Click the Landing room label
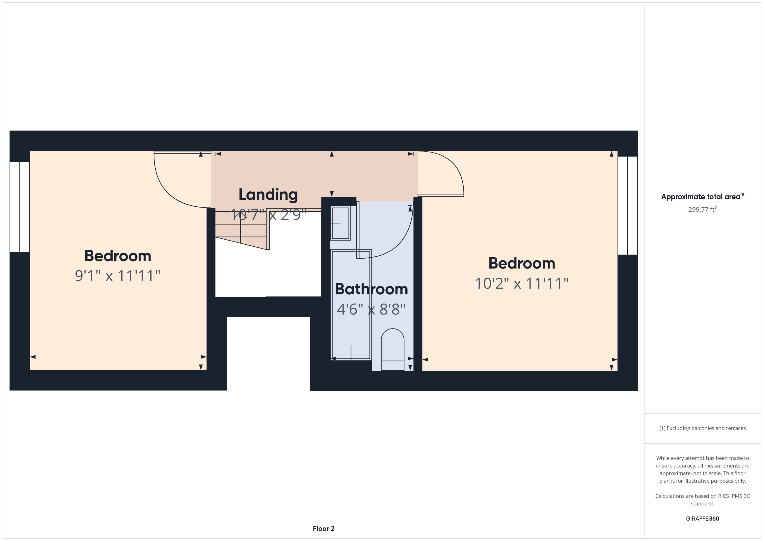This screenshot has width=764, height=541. coord(268,195)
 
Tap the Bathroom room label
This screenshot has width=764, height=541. coord(371,289)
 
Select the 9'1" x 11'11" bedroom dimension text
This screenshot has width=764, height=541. coord(117,276)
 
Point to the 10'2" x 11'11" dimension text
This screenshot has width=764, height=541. coord(521,283)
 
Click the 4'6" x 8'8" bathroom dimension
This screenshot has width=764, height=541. coord(371,309)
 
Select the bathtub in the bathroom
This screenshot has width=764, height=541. coord(351,305)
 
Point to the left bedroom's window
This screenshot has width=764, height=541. coord(20,207)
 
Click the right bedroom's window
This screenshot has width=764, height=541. coord(628,206)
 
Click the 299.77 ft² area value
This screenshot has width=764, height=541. coord(702,209)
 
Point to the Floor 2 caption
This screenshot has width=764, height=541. coord(323,528)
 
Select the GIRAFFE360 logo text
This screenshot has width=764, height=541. coord(702,518)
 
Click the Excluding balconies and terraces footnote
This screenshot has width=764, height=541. coord(702,428)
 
